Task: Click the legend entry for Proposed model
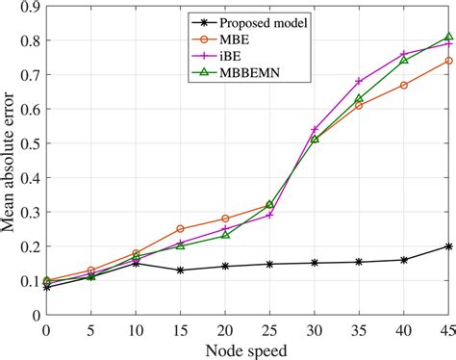click(252, 20)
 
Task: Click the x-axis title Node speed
click(249, 348)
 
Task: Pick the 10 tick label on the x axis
click(136, 328)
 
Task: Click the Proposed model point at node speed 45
click(449, 245)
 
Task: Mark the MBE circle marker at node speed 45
click(449, 61)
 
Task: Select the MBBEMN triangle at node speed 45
click(449, 37)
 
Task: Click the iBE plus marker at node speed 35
click(360, 81)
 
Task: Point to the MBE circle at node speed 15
click(180, 229)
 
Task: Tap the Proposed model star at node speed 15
click(180, 270)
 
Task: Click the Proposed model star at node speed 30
click(315, 263)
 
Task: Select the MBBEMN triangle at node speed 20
click(225, 235)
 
